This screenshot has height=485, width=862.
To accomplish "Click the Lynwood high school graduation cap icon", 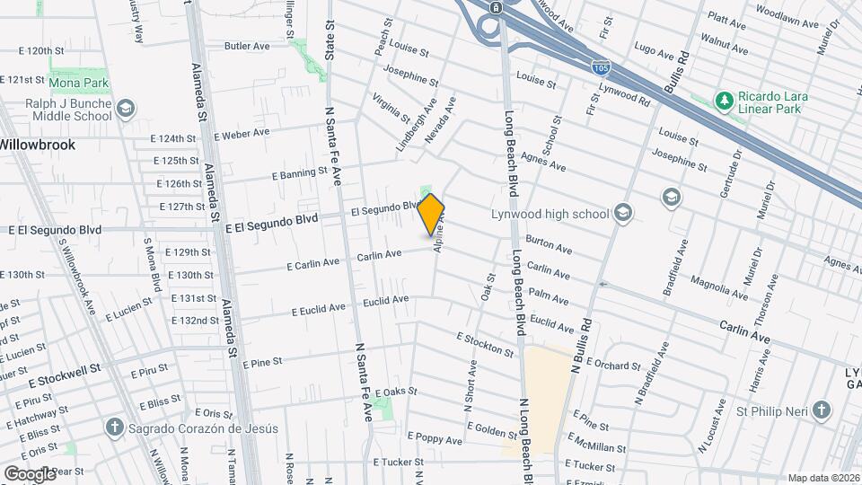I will [x=623, y=214].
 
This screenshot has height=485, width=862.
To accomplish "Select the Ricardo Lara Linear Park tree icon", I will [x=723, y=98].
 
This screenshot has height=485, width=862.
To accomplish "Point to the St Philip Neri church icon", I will [x=820, y=411].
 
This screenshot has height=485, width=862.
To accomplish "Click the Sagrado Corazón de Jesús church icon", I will [x=114, y=428].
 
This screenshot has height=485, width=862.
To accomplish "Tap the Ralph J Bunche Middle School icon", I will [x=126, y=109].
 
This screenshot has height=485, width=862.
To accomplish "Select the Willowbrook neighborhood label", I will [x=37, y=144].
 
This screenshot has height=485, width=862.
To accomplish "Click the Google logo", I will [x=30, y=473].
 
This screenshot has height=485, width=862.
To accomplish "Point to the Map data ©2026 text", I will [x=822, y=478].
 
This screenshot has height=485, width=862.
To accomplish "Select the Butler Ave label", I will [x=247, y=46].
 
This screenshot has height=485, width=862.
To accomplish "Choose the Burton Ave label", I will [x=549, y=245].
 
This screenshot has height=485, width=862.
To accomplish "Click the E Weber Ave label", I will [x=242, y=134].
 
